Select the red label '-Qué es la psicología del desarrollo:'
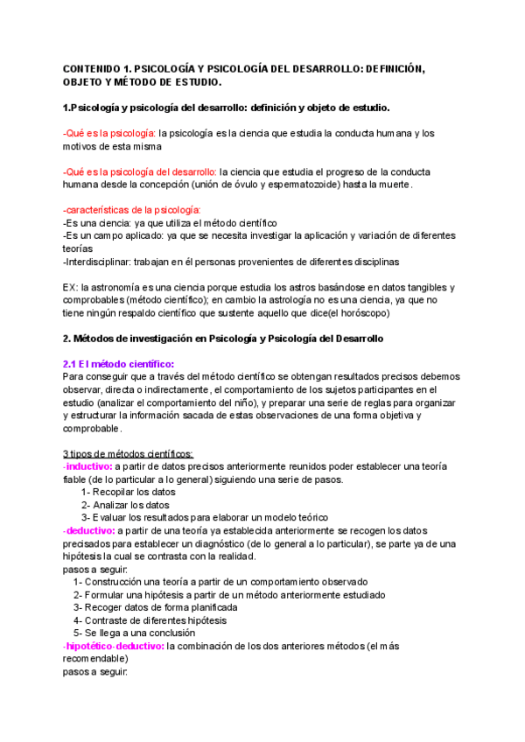[140, 171]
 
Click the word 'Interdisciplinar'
[97, 262]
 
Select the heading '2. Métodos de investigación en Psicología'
[175, 339]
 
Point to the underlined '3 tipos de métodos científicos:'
[129, 453]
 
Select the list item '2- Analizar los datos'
[126, 505]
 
